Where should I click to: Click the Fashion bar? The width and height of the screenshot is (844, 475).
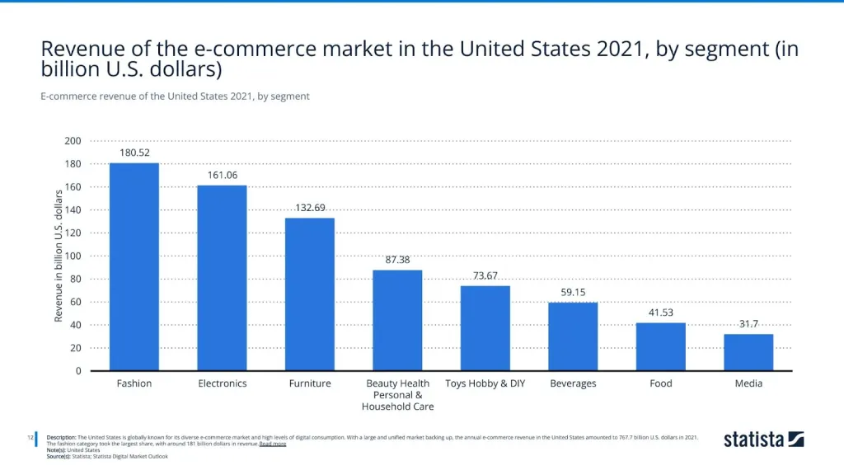point(134,266)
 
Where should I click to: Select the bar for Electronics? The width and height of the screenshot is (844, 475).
point(222,277)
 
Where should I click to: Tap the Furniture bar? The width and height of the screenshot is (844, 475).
point(310,294)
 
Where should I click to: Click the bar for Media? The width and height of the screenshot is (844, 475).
point(748,352)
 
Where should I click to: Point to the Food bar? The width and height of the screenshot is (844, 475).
point(661,346)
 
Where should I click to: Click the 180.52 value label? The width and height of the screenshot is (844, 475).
point(134,153)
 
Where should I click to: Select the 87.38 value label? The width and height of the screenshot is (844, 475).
point(397,260)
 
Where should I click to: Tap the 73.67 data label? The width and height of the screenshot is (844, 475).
point(485,275)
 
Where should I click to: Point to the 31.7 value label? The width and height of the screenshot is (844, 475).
point(748,324)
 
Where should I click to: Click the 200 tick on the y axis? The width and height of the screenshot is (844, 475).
point(73,141)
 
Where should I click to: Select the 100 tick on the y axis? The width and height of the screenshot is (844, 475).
point(73,256)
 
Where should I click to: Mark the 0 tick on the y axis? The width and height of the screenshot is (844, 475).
point(78,371)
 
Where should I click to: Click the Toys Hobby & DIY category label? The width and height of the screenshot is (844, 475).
point(485,383)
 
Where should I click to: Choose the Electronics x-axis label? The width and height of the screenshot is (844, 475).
point(222,383)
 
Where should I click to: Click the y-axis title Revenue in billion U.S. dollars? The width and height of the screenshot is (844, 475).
point(59,256)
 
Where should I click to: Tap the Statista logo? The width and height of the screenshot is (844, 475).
point(763,439)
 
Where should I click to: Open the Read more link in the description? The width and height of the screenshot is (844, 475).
point(273,444)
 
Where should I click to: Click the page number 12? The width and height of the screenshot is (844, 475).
point(29,437)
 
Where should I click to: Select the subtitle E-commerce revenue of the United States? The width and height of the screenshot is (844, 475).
point(175,96)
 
